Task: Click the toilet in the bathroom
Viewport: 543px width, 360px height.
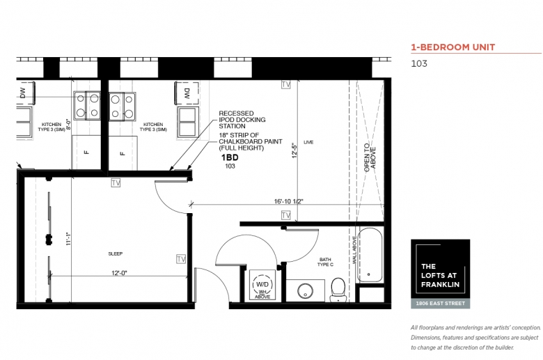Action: point(338,290)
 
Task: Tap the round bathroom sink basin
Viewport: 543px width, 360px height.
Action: point(306,290)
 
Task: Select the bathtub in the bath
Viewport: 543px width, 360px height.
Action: point(370,255)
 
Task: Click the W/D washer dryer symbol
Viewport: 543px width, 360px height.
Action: point(262,285)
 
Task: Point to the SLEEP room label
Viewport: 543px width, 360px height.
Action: point(116,253)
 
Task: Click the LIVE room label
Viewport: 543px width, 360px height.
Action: point(308,142)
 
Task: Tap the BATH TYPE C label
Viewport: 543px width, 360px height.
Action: point(325,262)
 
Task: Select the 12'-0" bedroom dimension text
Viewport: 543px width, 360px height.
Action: point(119,273)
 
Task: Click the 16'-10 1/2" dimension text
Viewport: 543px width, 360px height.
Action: point(289,201)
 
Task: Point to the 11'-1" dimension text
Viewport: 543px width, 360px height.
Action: point(68,239)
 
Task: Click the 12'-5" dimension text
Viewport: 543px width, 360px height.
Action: point(294,150)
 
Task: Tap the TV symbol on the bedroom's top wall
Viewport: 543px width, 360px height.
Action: point(116,182)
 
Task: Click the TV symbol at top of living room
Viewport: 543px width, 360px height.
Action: point(285,84)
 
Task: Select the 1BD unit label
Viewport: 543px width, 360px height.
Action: point(230,157)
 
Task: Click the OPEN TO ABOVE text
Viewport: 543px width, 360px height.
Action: point(370,158)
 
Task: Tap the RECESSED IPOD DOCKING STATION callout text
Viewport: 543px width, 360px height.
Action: point(242,120)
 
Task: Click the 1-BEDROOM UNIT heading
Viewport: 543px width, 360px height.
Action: point(453,47)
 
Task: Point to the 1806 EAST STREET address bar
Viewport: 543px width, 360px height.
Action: point(441,303)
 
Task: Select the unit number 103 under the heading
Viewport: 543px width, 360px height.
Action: point(419,64)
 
